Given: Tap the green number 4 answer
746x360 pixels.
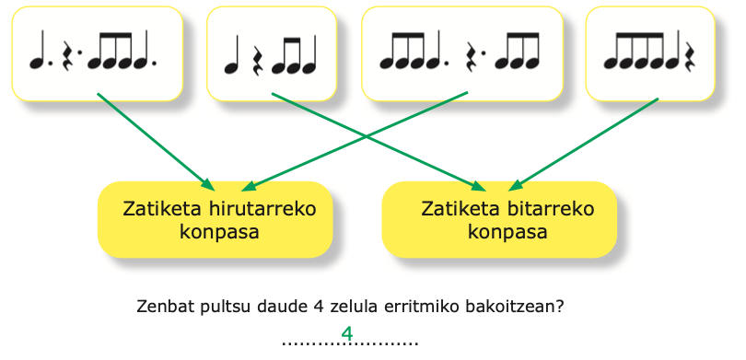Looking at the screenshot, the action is point(347,334).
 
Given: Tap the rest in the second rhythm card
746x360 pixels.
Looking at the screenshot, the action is point(256,61).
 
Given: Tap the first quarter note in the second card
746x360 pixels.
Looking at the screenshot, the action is point(233,54).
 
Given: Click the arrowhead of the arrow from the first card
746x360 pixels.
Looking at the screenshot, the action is point(208,183).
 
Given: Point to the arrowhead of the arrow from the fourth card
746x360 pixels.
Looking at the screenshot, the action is point(516,184).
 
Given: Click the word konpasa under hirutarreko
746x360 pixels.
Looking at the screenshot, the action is point(219,233).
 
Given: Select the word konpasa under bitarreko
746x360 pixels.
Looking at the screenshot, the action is point(507,233).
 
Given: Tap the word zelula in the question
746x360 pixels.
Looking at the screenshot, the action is point(354,307).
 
